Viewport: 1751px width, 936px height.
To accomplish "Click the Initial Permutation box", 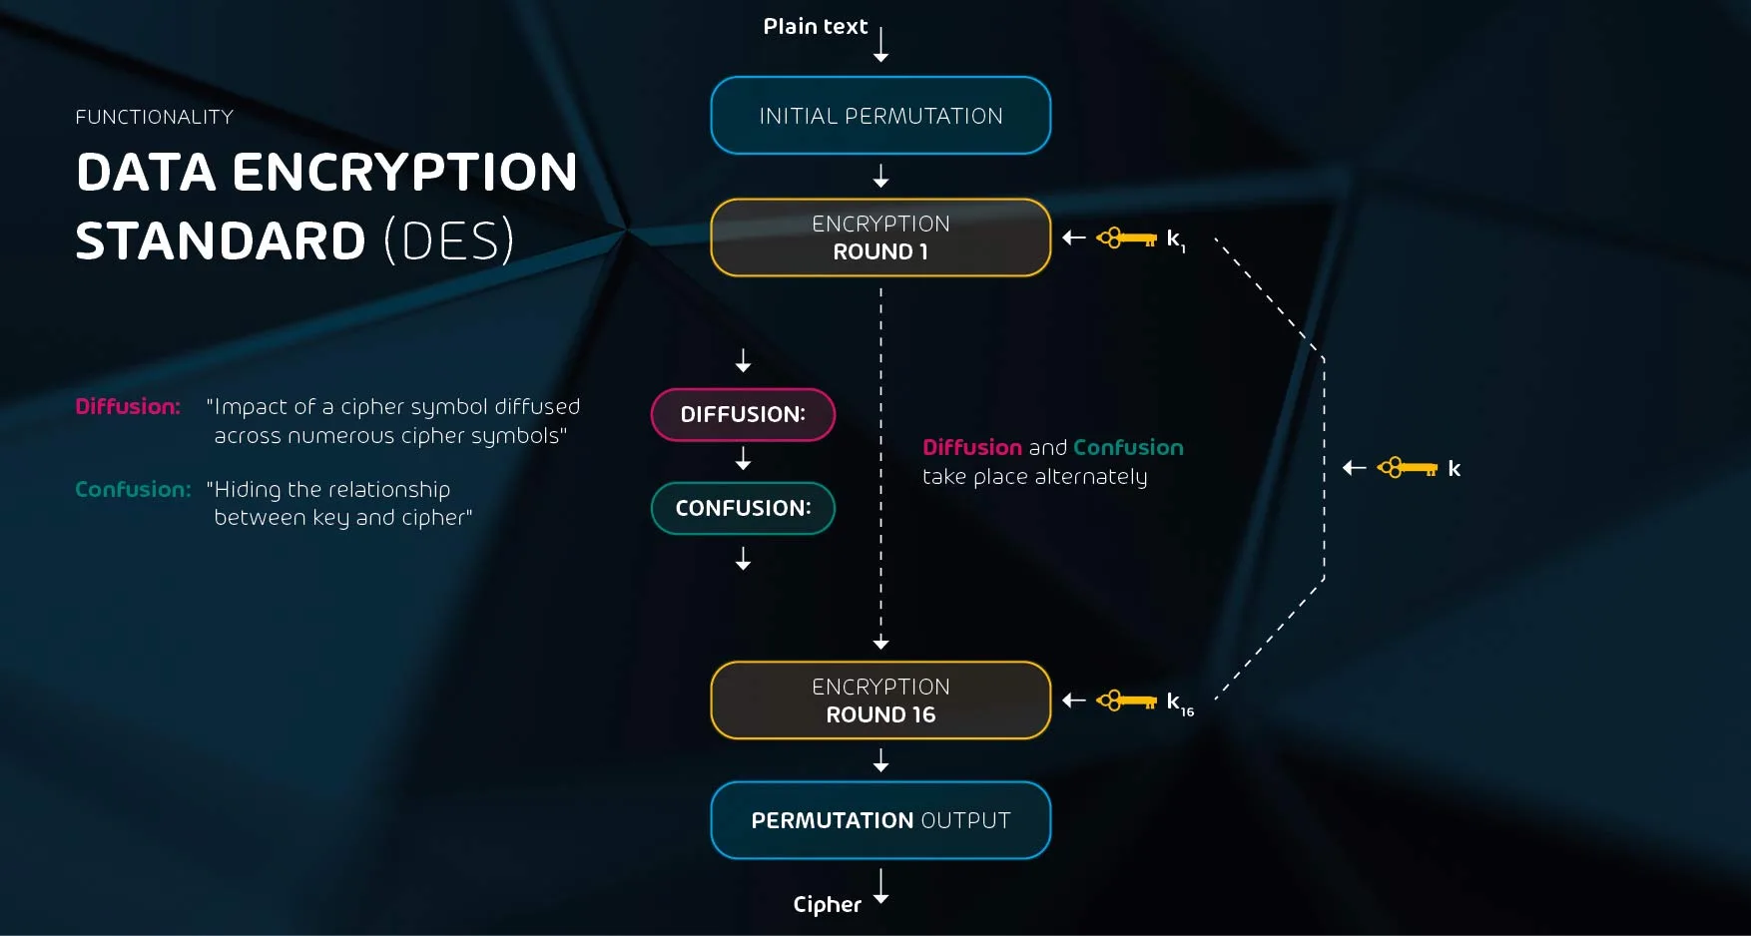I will (x=880, y=116).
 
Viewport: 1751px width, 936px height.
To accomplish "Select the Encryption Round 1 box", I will (x=880, y=237).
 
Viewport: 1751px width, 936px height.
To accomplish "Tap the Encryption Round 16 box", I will (x=880, y=701).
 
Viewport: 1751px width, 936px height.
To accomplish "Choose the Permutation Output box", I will (x=880, y=820).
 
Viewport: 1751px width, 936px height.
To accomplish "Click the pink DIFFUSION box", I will (x=743, y=414).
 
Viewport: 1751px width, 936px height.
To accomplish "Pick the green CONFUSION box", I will (x=743, y=508).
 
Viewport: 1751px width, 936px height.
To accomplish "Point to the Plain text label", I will (x=815, y=27).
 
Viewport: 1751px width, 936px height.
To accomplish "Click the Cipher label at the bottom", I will (x=827, y=904).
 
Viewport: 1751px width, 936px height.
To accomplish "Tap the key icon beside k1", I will (x=1127, y=238).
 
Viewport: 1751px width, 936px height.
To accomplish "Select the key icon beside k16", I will (x=1127, y=701).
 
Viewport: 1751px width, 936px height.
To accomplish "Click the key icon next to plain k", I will (x=1408, y=467).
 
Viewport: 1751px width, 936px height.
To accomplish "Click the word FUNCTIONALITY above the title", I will (x=154, y=117).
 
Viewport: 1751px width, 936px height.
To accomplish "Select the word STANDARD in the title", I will (x=221, y=241).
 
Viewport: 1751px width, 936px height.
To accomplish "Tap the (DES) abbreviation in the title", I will (x=449, y=241).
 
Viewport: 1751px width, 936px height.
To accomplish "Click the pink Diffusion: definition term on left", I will (x=128, y=406).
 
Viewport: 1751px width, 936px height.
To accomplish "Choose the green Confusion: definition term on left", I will (x=133, y=489).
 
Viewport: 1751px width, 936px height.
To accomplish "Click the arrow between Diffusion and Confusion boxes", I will (x=743, y=459).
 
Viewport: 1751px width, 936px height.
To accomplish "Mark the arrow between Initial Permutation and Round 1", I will (x=880, y=177).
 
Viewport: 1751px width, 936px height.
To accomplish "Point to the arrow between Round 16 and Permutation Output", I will (x=880, y=761).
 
